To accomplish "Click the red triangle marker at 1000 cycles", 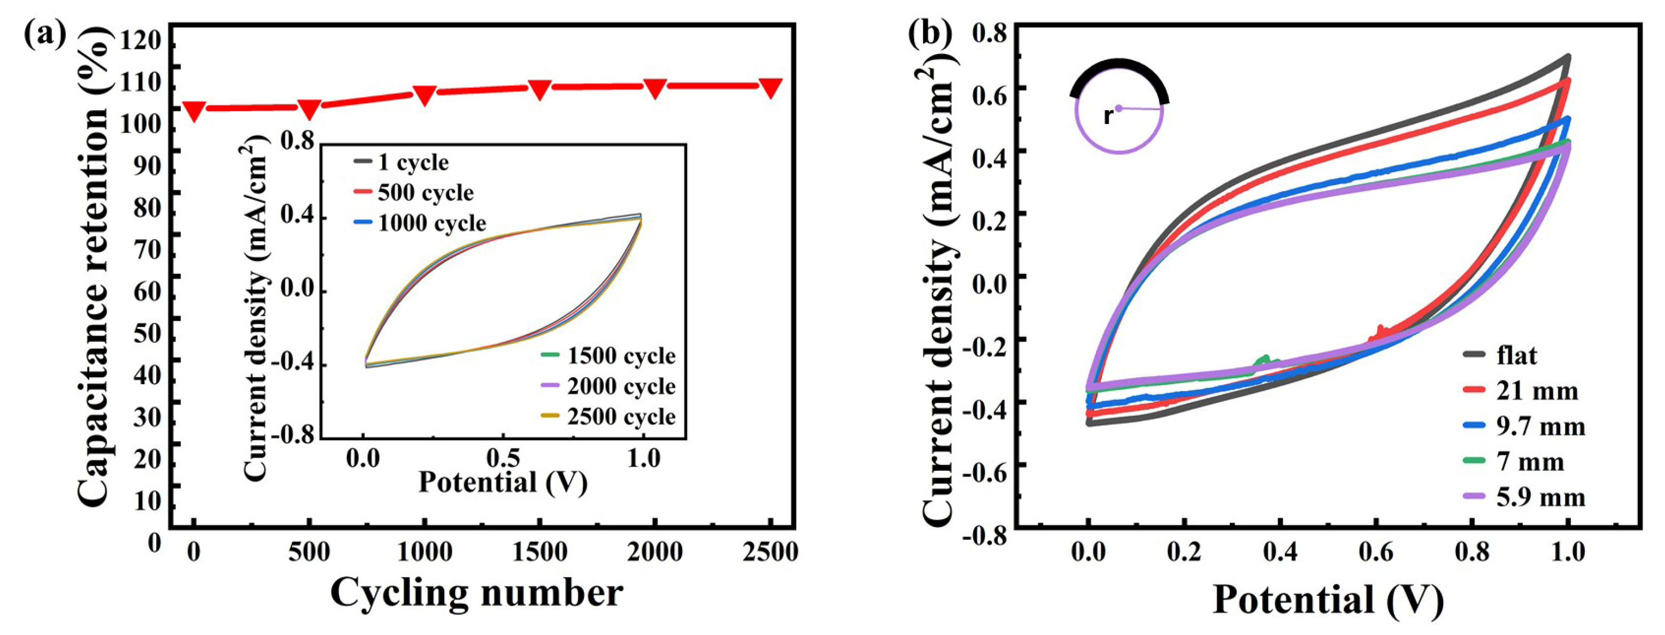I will coord(424,94).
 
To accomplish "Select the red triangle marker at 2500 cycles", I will coord(770,87).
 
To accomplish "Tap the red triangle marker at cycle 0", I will coord(194,110).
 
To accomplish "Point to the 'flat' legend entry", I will coord(1515,355).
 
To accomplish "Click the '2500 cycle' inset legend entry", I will coord(620,416).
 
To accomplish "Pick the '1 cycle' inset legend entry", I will coord(412,162).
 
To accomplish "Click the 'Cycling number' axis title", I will coord(476,592).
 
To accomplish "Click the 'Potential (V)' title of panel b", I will coord(1328,599).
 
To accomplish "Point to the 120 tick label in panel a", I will coord(140,40).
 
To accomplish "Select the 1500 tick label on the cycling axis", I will coord(539,552).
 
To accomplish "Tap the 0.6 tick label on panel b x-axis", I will coord(1377,552).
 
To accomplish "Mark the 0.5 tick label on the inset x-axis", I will coord(503,458).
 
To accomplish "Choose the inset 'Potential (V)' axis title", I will coord(503,483).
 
